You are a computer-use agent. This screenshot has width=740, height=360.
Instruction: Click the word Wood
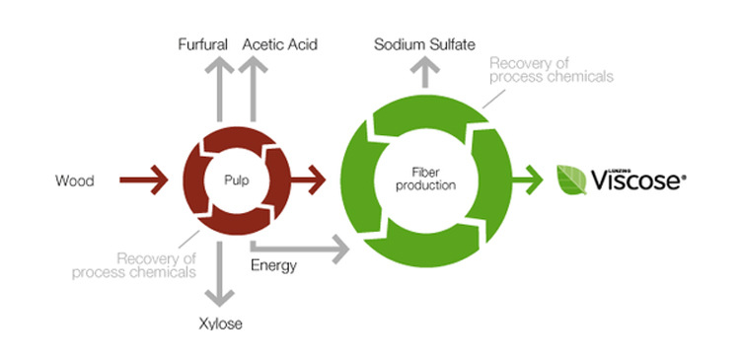pyautogui.click(x=75, y=180)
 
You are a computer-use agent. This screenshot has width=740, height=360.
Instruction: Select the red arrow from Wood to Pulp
pyautogui.click(x=144, y=180)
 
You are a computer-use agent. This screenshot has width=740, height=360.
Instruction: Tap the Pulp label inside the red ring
pyautogui.click(x=237, y=180)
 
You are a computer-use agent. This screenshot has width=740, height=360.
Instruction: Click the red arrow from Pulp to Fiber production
pyautogui.click(x=308, y=180)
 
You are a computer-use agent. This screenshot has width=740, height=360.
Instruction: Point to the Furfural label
pyautogui.click(x=203, y=44)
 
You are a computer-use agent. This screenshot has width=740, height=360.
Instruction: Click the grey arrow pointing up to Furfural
pyautogui.click(x=219, y=89)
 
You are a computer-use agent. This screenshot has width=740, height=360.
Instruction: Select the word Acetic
pyautogui.click(x=261, y=44)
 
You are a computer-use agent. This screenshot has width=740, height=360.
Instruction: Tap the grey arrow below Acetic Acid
pyautogui.click(x=253, y=89)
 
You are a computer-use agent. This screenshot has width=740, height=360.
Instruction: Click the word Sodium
pyautogui.click(x=400, y=44)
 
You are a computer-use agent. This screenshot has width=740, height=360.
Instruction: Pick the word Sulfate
pyautogui.click(x=452, y=44)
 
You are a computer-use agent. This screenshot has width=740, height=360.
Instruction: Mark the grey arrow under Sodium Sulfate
pyautogui.click(x=424, y=72)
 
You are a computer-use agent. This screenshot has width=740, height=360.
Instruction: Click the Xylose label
pyautogui.click(x=220, y=324)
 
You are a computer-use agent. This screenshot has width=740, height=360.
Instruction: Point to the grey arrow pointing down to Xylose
pyautogui.click(x=219, y=273)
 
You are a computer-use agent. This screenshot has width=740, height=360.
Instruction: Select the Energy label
pyautogui.click(x=273, y=265)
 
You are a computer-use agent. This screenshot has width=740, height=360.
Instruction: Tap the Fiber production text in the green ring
pyautogui.click(x=425, y=180)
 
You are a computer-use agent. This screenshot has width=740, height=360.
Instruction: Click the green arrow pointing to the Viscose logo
pyautogui.click(x=527, y=180)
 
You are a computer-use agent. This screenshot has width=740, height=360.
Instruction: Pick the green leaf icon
pyautogui.click(x=571, y=180)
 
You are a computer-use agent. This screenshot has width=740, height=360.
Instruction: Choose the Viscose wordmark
pyautogui.click(x=638, y=180)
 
